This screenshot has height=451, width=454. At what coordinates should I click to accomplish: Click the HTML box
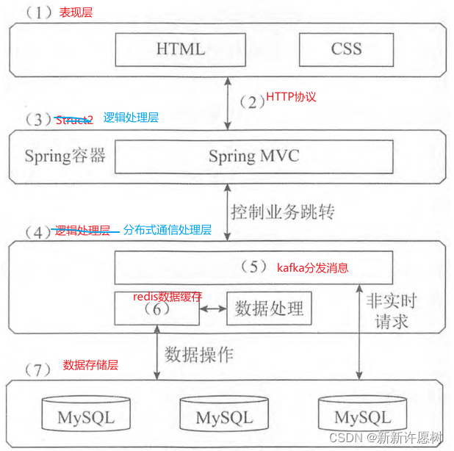pos(180,49)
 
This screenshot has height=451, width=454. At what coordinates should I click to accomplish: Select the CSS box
pos(346,49)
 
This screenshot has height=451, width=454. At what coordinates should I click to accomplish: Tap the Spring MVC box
pos(253,156)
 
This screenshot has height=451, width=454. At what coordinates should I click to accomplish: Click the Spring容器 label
pos(65,156)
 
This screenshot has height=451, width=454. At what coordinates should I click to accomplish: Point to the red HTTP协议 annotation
pos(291,97)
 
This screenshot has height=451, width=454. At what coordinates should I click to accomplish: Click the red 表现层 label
pos(76,12)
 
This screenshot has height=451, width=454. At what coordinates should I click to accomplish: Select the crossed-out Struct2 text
pos(74,120)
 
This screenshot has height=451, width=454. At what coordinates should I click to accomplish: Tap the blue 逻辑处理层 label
pos(131,117)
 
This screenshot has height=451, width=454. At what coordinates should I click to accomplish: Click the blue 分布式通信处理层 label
pos(167,230)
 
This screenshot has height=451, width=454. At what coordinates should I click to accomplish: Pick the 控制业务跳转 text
pos(283,213)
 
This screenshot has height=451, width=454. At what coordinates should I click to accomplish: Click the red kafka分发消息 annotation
pos(312,267)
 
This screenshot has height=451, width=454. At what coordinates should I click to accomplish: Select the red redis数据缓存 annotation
pos(167,296)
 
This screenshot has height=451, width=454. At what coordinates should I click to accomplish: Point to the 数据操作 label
pos(199,355)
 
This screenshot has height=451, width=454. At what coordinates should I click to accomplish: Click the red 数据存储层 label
pos(90,365)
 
